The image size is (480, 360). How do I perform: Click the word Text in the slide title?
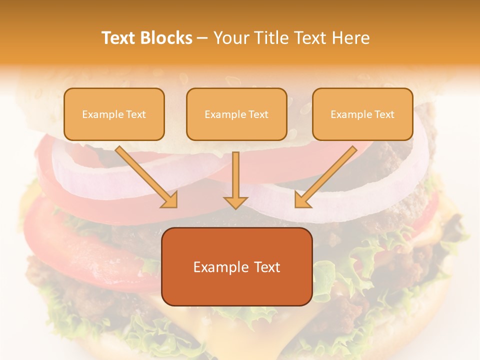coord(118,38)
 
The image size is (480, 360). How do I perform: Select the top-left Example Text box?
coord(114,114)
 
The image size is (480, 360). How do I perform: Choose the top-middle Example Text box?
coord(236,114)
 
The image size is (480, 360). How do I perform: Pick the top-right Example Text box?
coord(362,114)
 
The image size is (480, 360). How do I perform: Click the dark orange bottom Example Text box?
coord(237,267)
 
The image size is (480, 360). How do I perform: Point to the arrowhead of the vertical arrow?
coord(235,202)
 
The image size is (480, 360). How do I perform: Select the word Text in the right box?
coord(384,114)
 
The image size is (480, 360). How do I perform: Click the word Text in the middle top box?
coord(258,114)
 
